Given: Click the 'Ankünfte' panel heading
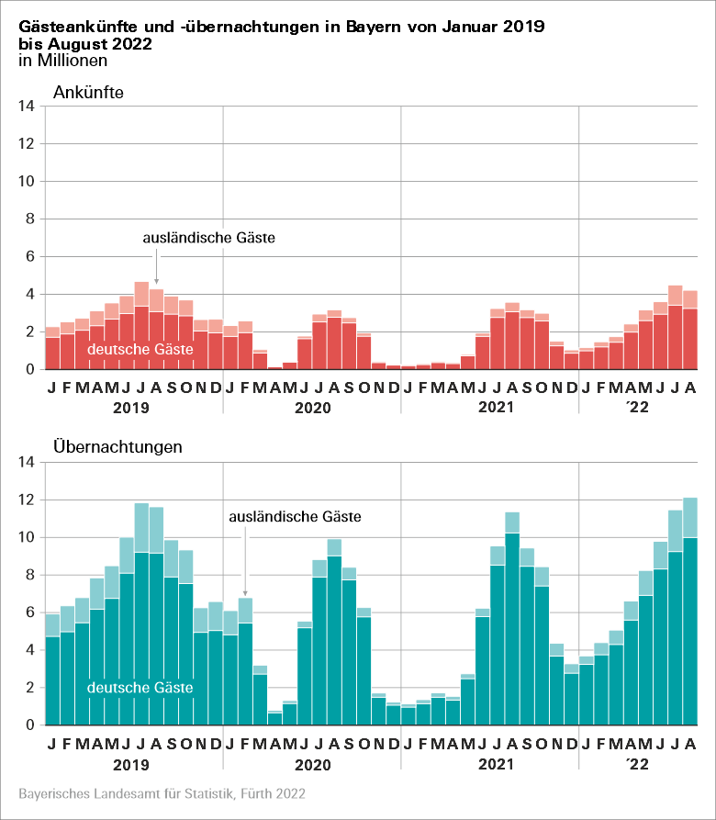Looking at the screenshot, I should (88, 92).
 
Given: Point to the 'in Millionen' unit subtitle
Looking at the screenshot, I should (62, 61).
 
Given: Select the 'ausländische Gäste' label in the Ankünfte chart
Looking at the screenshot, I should (209, 237).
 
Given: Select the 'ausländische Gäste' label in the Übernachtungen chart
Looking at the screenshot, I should (295, 517).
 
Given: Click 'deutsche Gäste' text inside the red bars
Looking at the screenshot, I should (140, 349).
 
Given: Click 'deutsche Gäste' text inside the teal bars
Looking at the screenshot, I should (140, 687).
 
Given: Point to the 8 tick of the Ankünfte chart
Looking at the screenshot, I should (30, 219).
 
